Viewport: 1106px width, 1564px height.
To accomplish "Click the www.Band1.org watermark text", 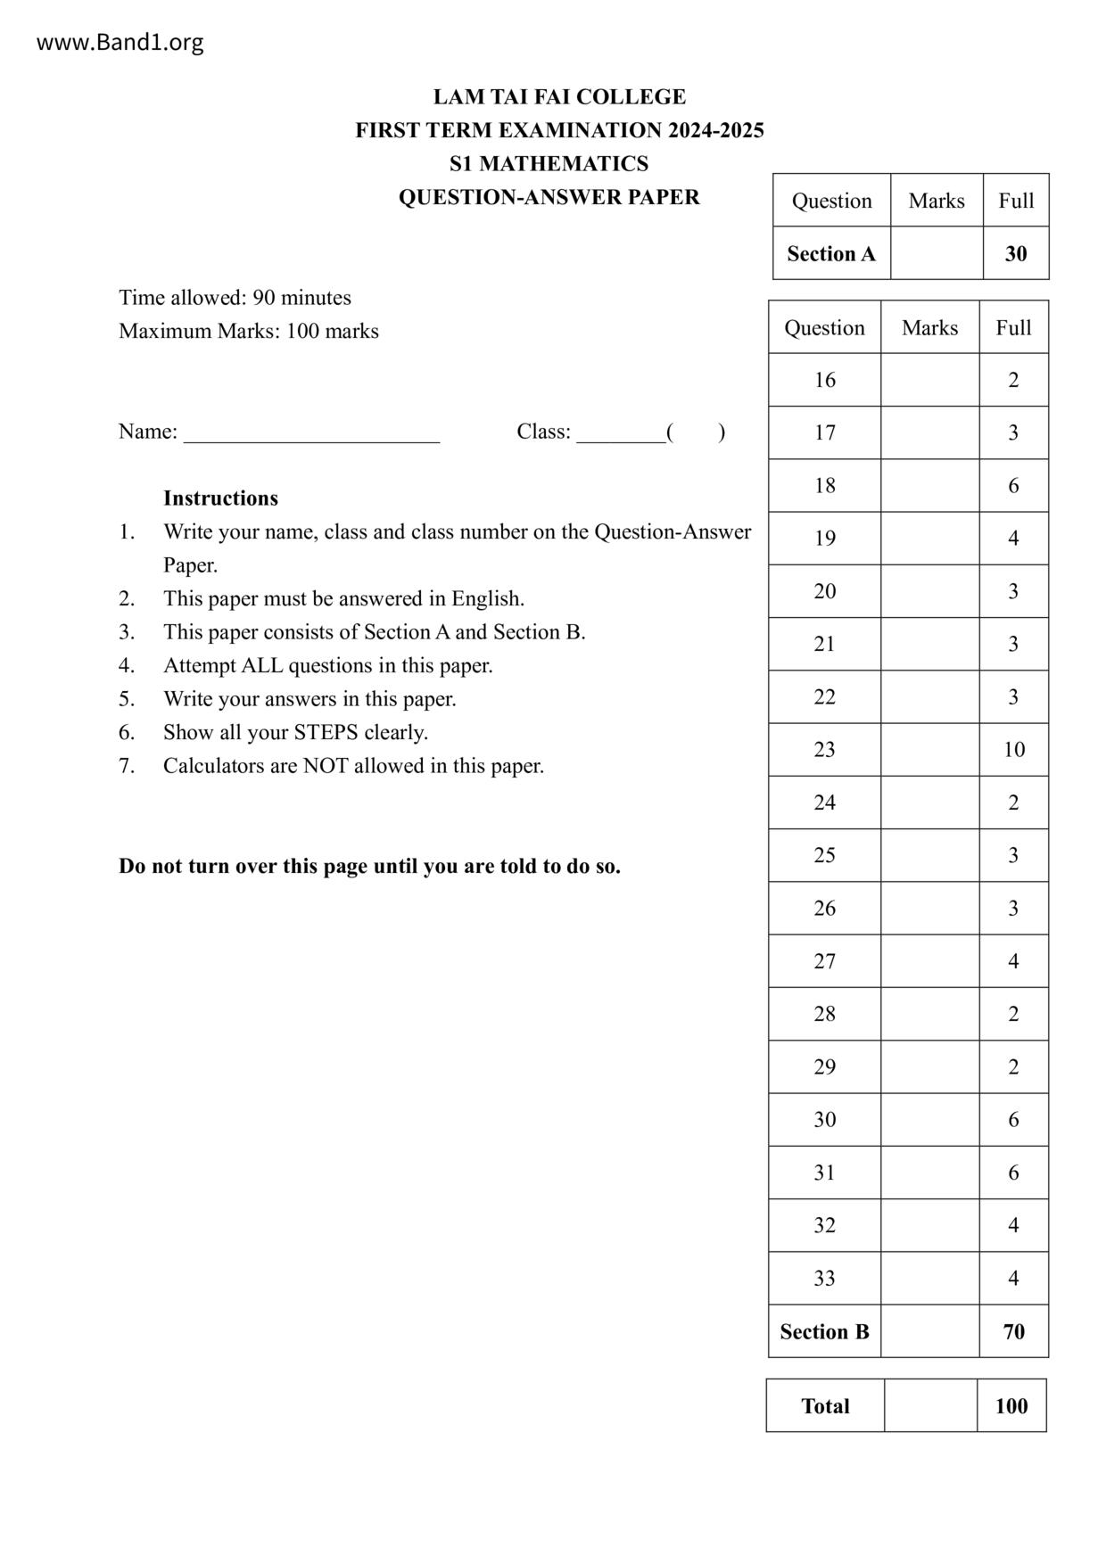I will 120,42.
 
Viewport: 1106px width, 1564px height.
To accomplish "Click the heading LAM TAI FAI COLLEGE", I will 559,96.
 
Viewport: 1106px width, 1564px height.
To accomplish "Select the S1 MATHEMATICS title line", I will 549,163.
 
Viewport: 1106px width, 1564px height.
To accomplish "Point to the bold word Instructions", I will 220,498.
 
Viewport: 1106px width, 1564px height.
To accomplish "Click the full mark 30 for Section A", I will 1015,253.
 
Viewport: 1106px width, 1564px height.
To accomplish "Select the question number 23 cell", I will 824,749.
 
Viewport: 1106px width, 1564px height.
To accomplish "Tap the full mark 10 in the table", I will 1013,749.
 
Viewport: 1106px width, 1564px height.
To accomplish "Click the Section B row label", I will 824,1331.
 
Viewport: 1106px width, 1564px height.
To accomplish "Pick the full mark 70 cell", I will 1013,1331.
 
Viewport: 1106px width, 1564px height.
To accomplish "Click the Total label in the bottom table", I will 825,1406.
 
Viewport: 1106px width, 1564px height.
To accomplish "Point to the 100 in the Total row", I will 1011,1406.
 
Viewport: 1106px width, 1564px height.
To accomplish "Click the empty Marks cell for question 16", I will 929,380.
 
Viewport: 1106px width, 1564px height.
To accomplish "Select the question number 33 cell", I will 824,1278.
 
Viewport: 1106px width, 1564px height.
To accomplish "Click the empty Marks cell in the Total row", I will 930,1406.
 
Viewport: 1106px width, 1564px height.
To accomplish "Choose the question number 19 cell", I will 824,538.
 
